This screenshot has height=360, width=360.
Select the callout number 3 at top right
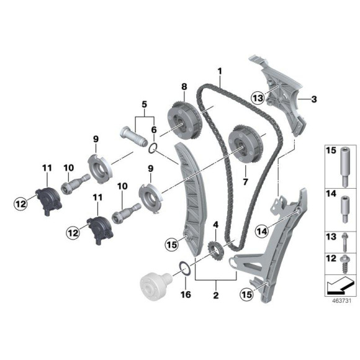(x=315, y=97)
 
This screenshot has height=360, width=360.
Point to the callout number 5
(x=144, y=104)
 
